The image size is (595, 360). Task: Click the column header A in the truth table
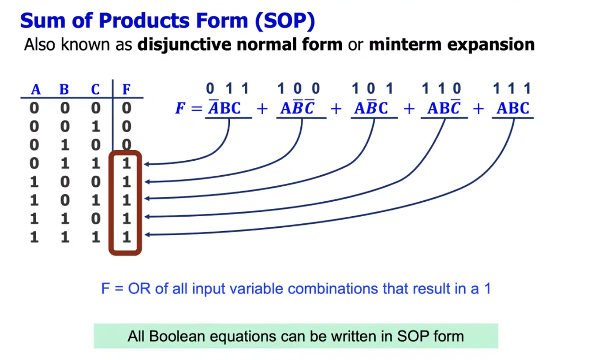36,89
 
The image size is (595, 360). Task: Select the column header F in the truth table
127,89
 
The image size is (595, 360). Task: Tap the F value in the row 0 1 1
127,163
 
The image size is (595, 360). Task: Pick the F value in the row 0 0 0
127,108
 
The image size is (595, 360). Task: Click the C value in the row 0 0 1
96,126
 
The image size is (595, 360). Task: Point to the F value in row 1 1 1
127,237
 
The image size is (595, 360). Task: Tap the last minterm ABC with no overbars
513,108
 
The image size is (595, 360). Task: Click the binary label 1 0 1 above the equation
372,88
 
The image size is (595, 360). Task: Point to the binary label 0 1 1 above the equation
227,88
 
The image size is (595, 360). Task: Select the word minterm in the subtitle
405,44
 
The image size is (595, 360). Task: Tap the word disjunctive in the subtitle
184,44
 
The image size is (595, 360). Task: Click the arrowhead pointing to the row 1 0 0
147,182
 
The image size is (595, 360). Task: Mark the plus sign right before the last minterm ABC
479,109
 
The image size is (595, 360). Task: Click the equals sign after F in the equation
197,108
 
